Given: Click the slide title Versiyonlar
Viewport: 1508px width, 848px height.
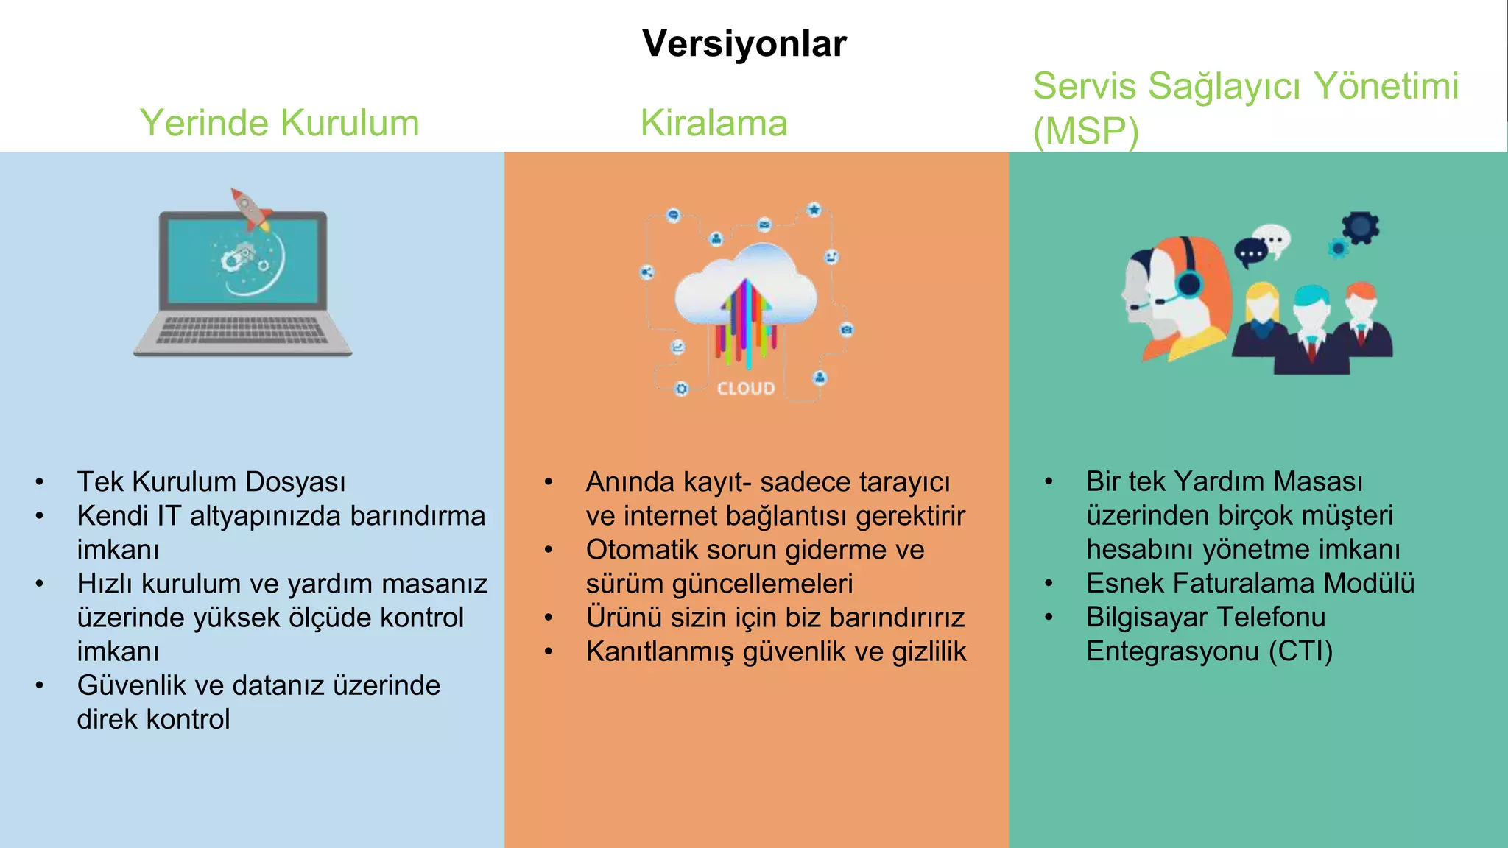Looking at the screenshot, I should tap(744, 44).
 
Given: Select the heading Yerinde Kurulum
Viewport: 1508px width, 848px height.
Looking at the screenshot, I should tap(279, 123).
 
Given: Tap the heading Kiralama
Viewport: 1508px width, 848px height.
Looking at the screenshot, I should tap(714, 123).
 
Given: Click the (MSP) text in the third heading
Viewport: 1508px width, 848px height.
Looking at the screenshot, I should tap(1085, 132).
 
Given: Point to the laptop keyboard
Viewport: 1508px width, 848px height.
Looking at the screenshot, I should tap(242, 331).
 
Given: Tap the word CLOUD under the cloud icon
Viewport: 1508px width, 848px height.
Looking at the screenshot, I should tap(746, 389).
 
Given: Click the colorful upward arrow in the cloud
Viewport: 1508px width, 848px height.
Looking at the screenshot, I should tap(746, 320).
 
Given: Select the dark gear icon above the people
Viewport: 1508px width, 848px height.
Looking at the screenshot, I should tap(1359, 227).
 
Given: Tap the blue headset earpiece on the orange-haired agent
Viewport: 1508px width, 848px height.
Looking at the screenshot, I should tap(1188, 283).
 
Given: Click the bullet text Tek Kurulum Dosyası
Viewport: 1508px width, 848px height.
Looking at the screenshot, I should tap(211, 482).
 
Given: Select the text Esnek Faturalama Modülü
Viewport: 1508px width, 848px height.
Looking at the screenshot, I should tap(1250, 583).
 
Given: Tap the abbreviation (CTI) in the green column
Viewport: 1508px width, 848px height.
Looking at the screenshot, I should tap(1300, 651).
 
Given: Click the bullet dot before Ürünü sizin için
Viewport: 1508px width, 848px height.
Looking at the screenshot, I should tap(549, 618).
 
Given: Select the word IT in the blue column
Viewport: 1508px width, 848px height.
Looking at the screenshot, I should tap(169, 516).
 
